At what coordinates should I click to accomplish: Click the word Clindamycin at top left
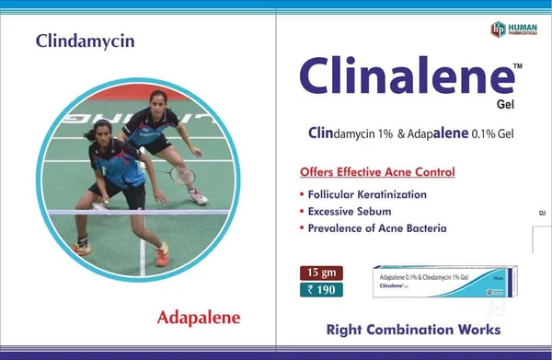85,41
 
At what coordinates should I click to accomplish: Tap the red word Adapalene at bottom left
199,318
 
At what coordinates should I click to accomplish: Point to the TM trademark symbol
517,66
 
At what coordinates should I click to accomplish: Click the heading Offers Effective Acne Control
377,172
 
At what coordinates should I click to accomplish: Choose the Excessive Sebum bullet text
347,211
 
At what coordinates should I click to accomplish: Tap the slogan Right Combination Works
413,329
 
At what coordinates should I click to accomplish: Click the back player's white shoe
198,197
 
